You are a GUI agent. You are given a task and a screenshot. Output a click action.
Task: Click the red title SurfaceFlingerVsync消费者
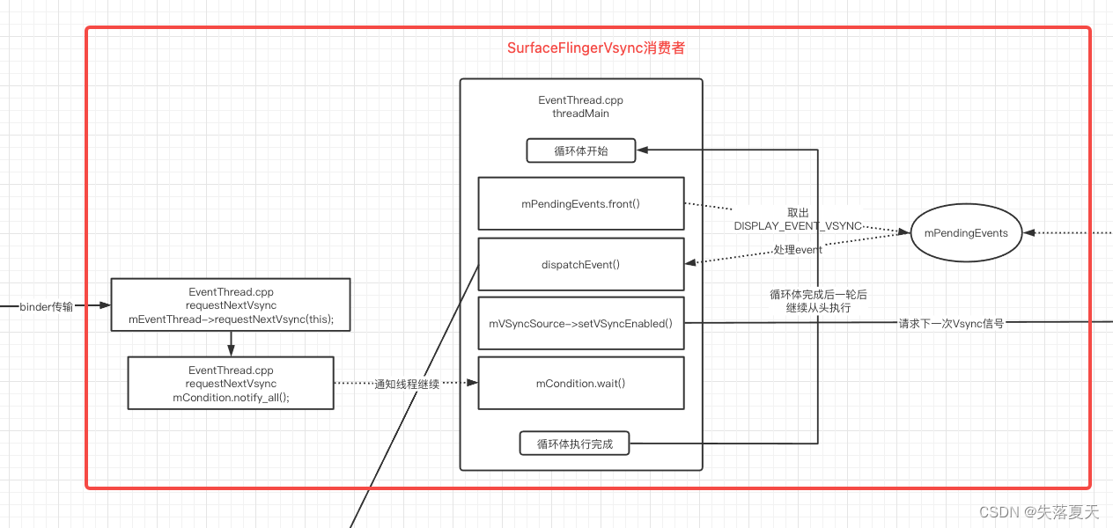[x=596, y=48]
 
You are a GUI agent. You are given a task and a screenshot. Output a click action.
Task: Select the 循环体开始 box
[x=580, y=150]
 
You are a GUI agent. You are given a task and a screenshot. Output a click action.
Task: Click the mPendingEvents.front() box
[x=580, y=203]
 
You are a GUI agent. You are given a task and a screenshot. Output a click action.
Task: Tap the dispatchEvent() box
[x=580, y=264]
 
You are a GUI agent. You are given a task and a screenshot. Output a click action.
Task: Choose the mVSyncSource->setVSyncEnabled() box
[x=580, y=323]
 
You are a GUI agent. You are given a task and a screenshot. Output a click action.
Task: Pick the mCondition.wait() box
[x=580, y=383]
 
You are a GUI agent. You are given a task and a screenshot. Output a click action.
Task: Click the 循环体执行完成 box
[x=575, y=444]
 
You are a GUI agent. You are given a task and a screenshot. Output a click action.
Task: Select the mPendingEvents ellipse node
[x=965, y=233]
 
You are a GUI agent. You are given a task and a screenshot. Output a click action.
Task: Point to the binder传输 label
[x=47, y=306]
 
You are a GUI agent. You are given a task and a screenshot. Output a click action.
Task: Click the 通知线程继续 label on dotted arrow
[x=406, y=384]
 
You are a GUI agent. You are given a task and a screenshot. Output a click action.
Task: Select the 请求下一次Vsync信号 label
[x=951, y=323]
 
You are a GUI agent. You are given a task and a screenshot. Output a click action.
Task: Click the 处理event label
[x=798, y=250]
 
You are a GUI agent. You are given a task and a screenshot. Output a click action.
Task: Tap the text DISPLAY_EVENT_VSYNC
[x=798, y=226]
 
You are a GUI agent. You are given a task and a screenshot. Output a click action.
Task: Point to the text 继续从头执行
[x=818, y=309]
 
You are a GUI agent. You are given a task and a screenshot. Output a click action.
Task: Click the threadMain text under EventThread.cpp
[x=580, y=114]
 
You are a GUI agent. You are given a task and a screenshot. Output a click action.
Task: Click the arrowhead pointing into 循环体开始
[x=642, y=150]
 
